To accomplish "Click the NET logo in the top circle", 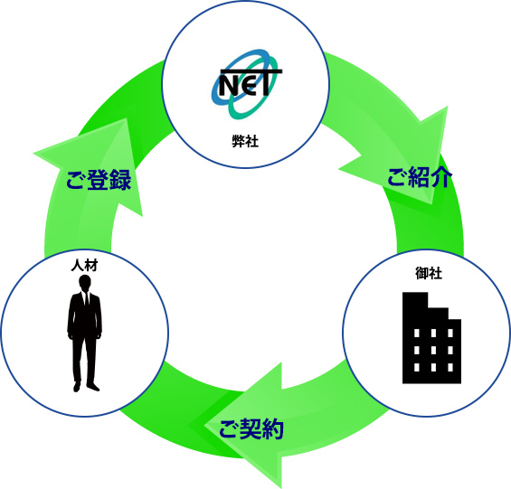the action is point(246,84).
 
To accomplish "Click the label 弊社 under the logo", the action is point(245,141).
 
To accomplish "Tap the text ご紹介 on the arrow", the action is point(420,177).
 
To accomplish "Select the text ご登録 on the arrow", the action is point(99,180).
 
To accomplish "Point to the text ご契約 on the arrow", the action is point(251,428).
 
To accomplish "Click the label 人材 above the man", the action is point(84,266).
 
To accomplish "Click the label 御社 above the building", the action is point(429,273).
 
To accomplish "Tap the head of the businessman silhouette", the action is point(85,282).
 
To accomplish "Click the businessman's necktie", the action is point(86,299).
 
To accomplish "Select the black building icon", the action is point(431,338).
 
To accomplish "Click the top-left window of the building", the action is point(417,333).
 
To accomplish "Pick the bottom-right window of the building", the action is point(450,367).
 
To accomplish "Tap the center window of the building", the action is point(433,350).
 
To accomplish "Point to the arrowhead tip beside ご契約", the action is point(204,425).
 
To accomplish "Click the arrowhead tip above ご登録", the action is point(126,118).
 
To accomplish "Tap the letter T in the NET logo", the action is point(266,82).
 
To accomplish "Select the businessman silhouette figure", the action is point(85,333).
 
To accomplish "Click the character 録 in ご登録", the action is point(120,180).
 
